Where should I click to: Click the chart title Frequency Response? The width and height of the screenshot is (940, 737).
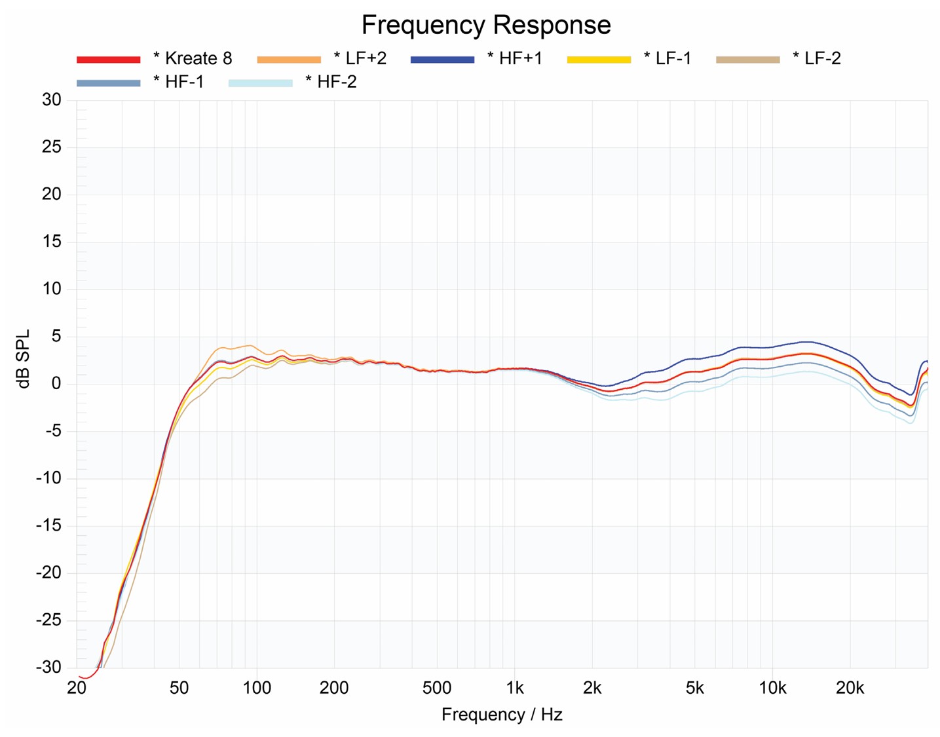click(x=486, y=25)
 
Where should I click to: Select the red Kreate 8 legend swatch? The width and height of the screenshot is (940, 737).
click(x=109, y=59)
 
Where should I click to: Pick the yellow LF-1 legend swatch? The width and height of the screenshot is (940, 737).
click(x=599, y=59)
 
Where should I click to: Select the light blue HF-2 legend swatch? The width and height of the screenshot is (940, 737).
click(x=260, y=83)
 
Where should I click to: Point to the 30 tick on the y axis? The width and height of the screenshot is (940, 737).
click(x=52, y=100)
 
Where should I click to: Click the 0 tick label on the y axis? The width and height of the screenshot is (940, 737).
click(x=56, y=383)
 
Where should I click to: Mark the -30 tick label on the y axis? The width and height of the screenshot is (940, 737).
click(x=48, y=667)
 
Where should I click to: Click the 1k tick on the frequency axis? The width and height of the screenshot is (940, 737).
click(x=515, y=688)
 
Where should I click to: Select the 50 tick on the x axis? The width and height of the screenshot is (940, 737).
click(x=179, y=688)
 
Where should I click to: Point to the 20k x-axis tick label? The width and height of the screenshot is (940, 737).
click(x=850, y=688)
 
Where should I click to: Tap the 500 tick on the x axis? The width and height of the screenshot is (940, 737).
click(x=436, y=688)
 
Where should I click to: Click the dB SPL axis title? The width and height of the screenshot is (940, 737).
click(x=24, y=359)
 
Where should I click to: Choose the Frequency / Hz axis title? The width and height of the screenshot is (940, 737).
click(x=502, y=714)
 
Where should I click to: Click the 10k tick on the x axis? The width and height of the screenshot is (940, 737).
click(x=772, y=688)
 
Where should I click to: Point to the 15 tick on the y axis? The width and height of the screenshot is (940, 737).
click(x=52, y=241)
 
